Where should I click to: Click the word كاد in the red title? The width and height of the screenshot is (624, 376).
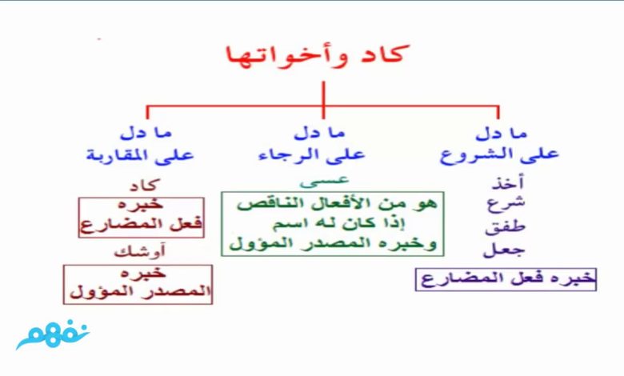pos(379,54)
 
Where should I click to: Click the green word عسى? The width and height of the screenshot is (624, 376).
pos(324,181)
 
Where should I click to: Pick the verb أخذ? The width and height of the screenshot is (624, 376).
pos(507,182)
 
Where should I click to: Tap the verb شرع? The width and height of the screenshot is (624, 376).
pos(506,204)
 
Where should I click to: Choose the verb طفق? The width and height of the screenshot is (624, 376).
pos(505,226)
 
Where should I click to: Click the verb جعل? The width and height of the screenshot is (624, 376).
pos(504,250)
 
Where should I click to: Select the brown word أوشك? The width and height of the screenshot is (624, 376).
pos(139,251)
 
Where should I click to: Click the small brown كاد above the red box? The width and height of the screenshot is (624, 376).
pos(145,185)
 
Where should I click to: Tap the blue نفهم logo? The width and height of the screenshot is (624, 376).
pos(53,334)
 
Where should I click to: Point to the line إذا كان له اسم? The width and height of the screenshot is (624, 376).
pos(339,224)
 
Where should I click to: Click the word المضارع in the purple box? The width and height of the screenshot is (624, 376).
pos(455,278)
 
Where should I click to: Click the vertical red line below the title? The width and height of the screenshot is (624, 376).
pos(323,100)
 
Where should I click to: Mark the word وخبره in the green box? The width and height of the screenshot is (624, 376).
pos(413,243)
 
